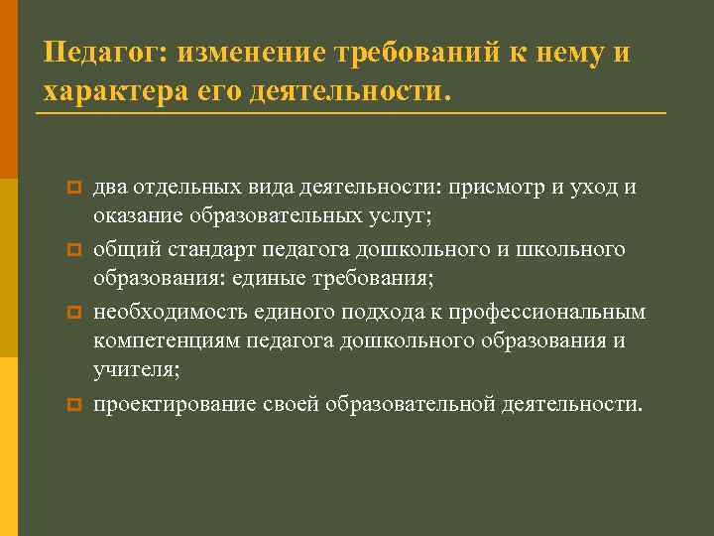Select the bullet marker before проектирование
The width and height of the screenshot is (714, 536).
click(x=71, y=405)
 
